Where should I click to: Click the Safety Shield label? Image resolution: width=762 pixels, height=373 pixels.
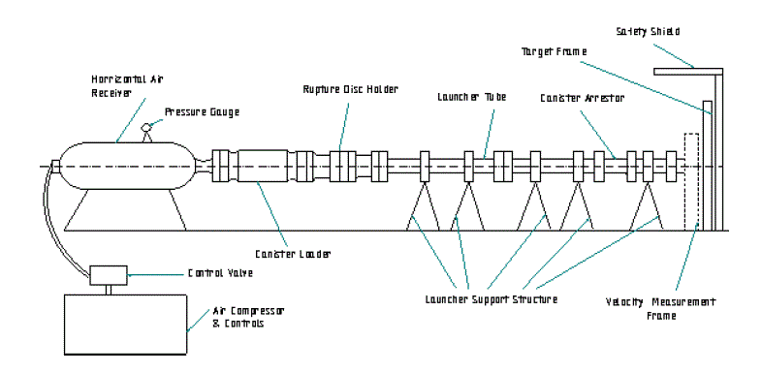[648, 32]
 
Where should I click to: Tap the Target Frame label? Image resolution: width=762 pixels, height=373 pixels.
[555, 51]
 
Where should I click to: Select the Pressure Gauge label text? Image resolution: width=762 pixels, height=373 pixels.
[203, 112]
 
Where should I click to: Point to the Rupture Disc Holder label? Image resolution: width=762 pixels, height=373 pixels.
[350, 89]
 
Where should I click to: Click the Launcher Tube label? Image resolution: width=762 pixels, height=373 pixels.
[472, 97]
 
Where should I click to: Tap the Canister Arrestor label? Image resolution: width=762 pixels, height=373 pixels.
[583, 98]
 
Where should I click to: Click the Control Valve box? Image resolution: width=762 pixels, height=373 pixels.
[109, 275]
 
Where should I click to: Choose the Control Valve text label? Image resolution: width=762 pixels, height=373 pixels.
[221, 273]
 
